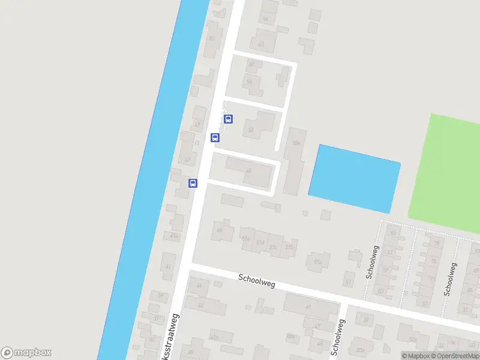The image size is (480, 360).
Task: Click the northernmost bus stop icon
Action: [x=229, y=119]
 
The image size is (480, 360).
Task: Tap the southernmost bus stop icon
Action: [x=193, y=183]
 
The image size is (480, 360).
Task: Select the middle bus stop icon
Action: [x=215, y=137]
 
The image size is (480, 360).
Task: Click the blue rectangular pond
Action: [x=354, y=178]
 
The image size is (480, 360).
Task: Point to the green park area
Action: [x=447, y=174]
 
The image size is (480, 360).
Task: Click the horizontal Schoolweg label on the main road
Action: [x=256, y=280]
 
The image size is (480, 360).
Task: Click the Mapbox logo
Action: [x=26, y=353]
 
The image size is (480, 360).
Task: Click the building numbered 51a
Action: [x=318, y=261]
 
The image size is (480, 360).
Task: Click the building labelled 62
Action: [x=261, y=43]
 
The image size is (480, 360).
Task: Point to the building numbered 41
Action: [x=169, y=266]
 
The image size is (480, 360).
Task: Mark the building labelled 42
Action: [x=200, y=305]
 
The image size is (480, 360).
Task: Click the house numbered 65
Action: [x=394, y=233]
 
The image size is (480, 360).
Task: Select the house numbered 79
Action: [x=436, y=243]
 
